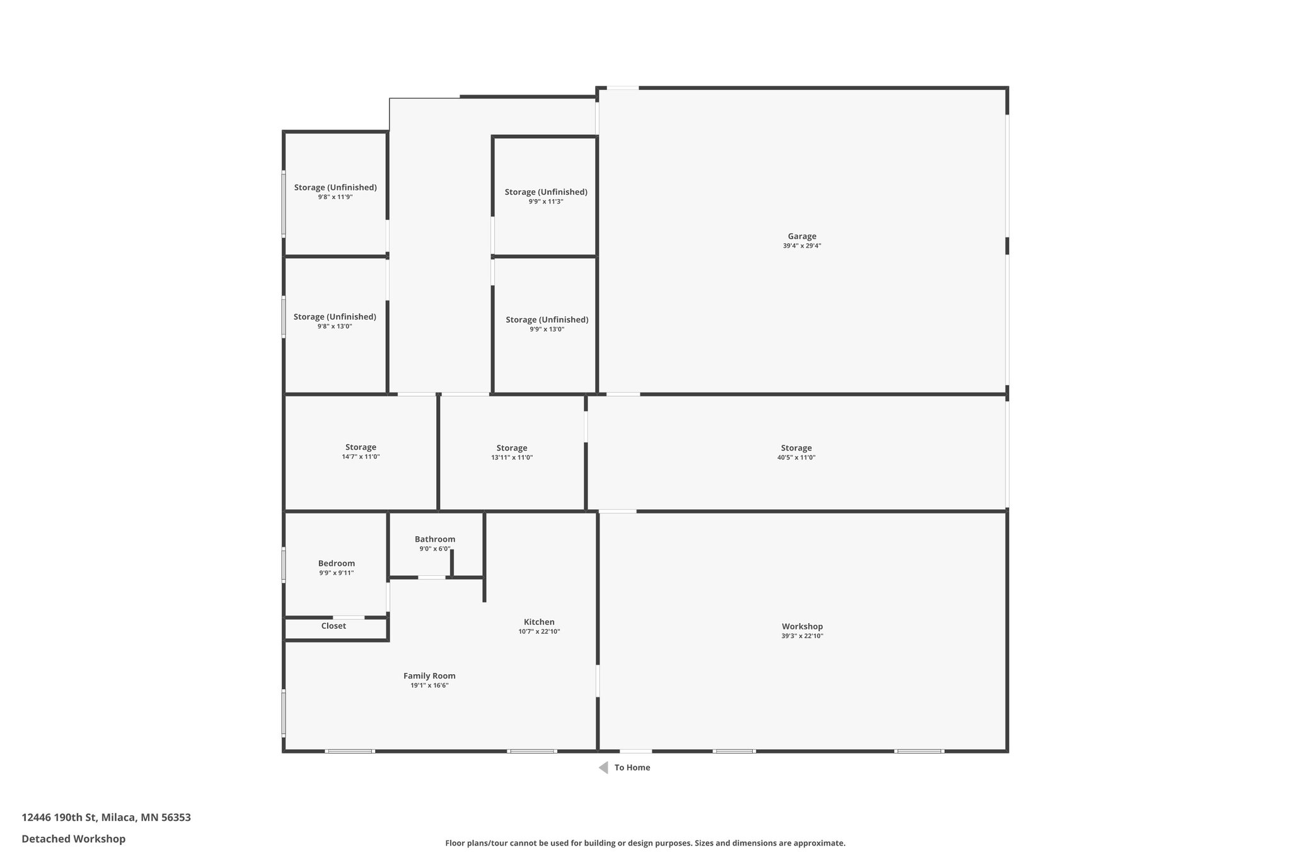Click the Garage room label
coord(801,236)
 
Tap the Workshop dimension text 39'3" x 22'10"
coord(802,636)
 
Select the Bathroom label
coord(434,539)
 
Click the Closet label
coord(333,626)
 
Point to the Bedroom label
coord(336,564)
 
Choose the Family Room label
coord(429,676)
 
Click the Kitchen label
coord(539,622)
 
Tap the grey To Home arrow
coord(603,767)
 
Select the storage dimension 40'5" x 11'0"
coord(796,458)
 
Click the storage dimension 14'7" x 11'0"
coord(361,457)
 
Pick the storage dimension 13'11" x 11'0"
coord(512,458)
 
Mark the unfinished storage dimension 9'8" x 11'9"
coord(335,197)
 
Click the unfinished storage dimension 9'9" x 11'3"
coord(546,202)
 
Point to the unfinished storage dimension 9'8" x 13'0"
coord(335,326)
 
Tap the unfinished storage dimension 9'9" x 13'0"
coord(547,330)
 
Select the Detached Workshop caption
coord(73,839)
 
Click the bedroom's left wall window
coord(284,565)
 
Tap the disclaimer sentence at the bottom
coord(645,843)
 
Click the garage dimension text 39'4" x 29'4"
coord(801,246)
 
